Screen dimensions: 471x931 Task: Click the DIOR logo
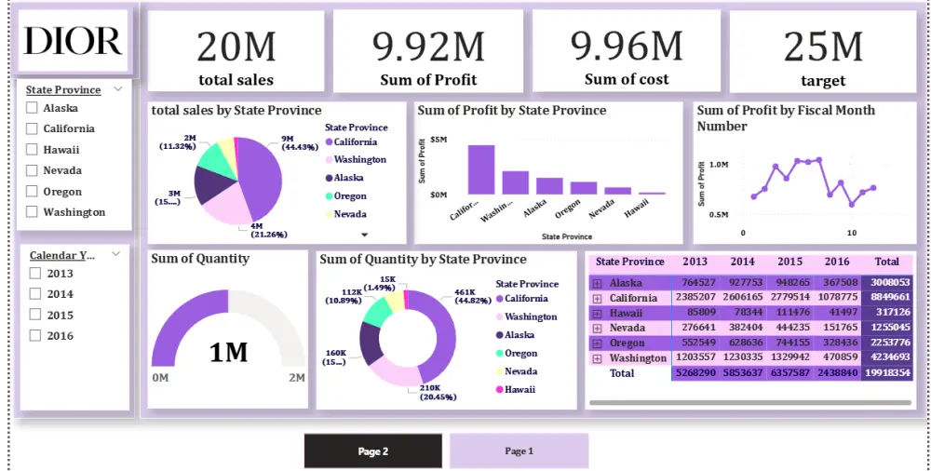73,41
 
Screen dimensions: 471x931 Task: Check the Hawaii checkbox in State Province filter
34,150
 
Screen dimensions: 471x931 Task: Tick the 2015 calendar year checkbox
35,316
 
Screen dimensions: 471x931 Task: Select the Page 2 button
372,451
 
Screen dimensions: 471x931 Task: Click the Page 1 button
519,451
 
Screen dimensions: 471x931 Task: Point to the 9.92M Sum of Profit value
428,46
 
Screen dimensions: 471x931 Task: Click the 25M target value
823,46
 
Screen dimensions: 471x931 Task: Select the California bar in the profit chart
481,169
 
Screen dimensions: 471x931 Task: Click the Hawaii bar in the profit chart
652,193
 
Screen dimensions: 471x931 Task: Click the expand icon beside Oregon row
598,343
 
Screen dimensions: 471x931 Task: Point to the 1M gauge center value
228,352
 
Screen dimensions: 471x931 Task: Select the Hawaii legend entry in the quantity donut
519,389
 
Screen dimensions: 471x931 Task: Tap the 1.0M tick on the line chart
718,165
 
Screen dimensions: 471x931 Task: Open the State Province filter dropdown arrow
118,89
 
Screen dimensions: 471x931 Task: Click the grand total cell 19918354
886,372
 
